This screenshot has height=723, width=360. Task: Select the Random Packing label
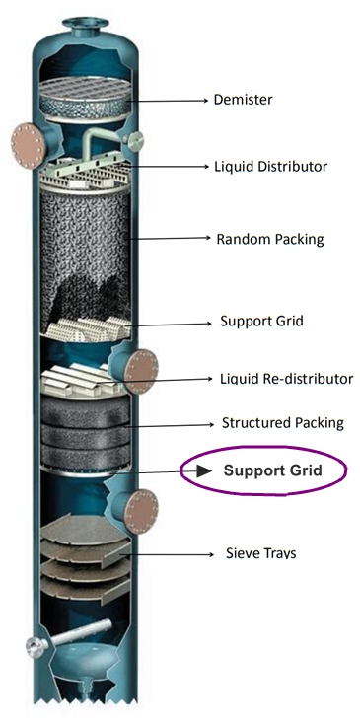(x=269, y=239)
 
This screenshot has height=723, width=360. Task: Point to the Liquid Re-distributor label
(x=286, y=379)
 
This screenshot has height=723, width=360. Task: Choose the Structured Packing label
(x=282, y=423)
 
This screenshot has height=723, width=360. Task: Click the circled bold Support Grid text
(x=272, y=470)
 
